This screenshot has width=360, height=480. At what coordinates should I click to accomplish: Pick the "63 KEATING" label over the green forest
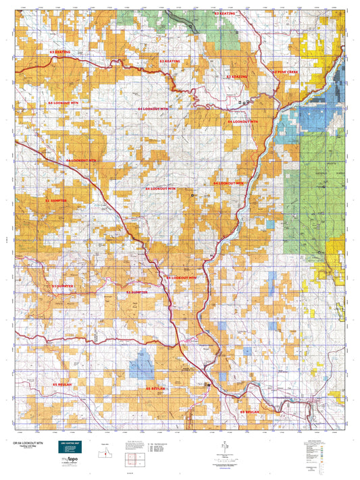coord(224,14)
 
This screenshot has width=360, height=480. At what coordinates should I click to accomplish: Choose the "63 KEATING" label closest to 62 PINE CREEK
coord(237,77)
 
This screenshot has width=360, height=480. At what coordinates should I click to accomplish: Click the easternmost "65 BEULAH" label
coord(249,411)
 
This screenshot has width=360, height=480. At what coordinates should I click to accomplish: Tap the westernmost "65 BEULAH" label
coord(62,383)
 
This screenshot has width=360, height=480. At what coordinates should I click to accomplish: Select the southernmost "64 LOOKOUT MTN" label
coord(182,277)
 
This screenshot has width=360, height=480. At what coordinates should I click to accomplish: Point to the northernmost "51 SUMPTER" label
coord(56,201)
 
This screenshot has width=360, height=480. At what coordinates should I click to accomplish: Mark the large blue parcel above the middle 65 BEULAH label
coord(143,364)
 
